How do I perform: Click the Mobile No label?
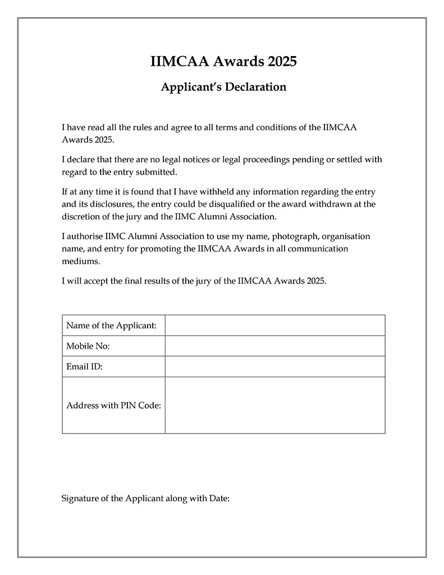[x=88, y=346]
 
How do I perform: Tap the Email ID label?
[x=84, y=367]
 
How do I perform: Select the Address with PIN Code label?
[x=113, y=405]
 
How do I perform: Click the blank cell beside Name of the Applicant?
[x=274, y=326]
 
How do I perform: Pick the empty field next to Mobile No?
[x=274, y=346]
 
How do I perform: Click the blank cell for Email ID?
[x=274, y=367]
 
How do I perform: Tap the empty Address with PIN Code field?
[x=274, y=405]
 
